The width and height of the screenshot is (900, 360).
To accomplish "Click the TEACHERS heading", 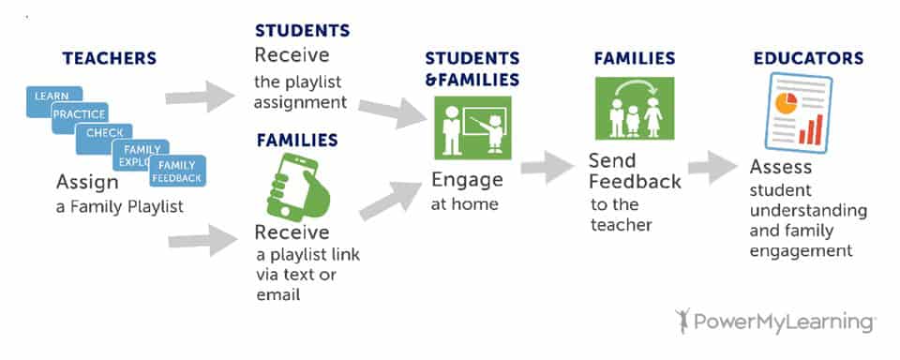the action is pyautogui.click(x=110, y=58).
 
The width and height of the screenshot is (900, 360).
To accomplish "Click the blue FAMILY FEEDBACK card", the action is pyautogui.click(x=177, y=172).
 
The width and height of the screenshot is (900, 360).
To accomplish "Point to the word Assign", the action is pyautogui.click(x=87, y=183).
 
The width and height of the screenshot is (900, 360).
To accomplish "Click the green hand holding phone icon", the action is pyautogui.click(x=298, y=187).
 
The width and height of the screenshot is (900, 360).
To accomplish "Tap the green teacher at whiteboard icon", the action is pyautogui.click(x=472, y=127).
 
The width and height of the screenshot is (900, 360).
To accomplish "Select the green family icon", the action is pyautogui.click(x=635, y=109).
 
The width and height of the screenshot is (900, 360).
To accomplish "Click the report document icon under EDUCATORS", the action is pyautogui.click(x=799, y=112).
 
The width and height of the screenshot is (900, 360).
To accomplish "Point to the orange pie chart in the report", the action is pyautogui.click(x=786, y=103).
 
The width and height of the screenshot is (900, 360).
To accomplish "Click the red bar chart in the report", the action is pyautogui.click(x=810, y=129).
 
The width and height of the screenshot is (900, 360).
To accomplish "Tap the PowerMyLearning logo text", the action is pyautogui.click(x=784, y=322).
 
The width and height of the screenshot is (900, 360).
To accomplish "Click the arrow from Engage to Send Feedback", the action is pyautogui.click(x=547, y=167).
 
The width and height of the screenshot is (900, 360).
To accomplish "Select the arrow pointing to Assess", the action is pyautogui.click(x=712, y=167).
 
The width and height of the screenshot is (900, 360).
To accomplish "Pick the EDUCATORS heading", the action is pyautogui.click(x=808, y=58).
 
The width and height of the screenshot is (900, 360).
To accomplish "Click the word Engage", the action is pyautogui.click(x=467, y=181).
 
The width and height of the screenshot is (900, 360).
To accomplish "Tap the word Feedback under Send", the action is pyautogui.click(x=636, y=182).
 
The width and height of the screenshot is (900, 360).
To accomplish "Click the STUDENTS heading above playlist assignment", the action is pyautogui.click(x=303, y=30).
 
